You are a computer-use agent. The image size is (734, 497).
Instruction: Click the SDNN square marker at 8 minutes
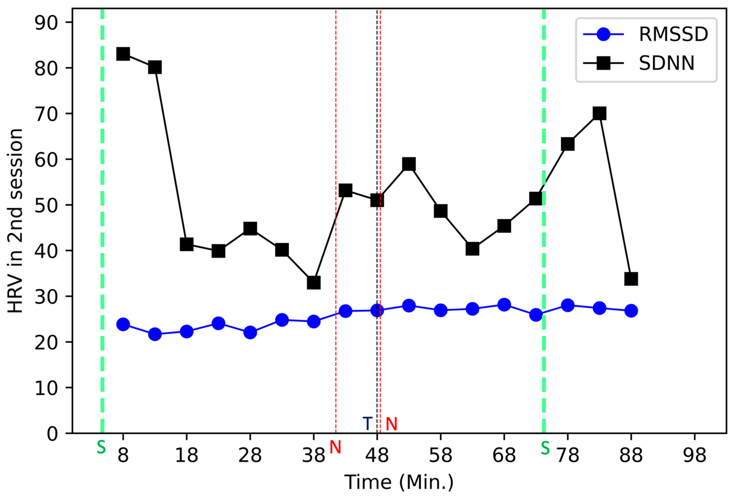[x=123, y=54]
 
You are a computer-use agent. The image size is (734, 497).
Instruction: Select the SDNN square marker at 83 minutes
[x=599, y=113]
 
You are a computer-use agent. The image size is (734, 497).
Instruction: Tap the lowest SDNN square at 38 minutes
[x=313, y=283]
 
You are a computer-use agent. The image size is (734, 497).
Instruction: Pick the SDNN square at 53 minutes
[x=409, y=164]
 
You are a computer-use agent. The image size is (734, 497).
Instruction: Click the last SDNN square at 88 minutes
[x=631, y=279]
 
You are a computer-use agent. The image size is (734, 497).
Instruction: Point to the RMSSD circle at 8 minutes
[x=123, y=324]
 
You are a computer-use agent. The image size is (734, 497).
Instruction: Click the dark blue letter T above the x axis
[x=367, y=423]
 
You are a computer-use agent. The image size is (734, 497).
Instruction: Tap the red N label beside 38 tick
[x=335, y=447]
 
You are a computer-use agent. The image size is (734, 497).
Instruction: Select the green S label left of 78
[x=545, y=448]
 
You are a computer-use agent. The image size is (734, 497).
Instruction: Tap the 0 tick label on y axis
[x=53, y=434]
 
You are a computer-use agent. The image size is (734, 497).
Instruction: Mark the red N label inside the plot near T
[x=391, y=424]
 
